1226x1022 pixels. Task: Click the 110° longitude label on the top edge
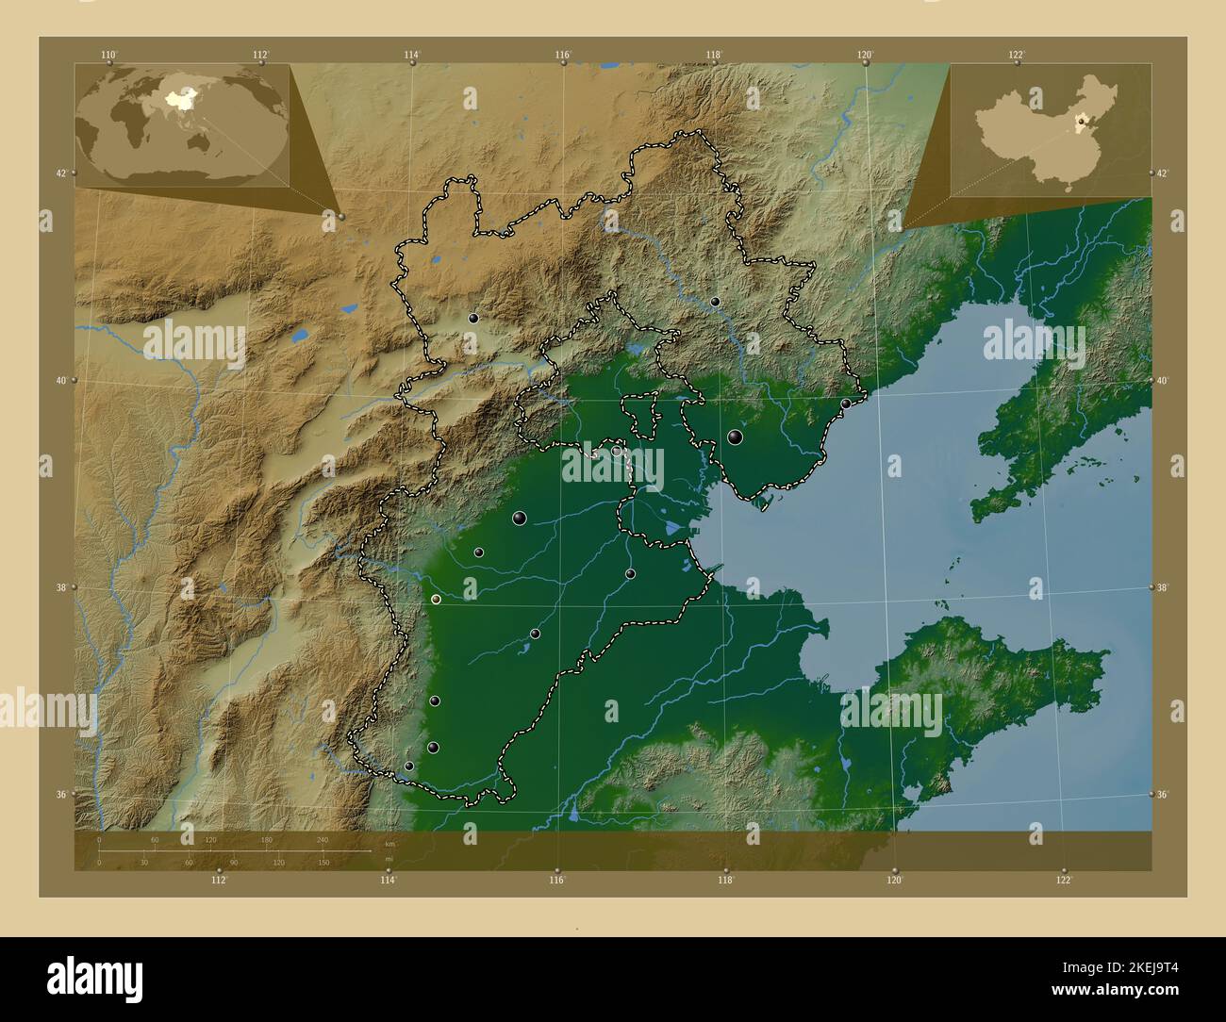[109, 55]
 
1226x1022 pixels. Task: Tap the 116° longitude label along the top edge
[563, 55]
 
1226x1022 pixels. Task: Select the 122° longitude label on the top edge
[1017, 55]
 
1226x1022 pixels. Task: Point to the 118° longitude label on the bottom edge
[725, 881]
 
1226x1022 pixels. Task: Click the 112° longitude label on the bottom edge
[219, 881]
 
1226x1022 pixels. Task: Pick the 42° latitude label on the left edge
[60, 173]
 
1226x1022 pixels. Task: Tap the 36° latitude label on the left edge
[60, 795]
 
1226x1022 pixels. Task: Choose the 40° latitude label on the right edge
[1166, 381]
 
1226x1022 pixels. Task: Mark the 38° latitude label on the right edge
[1166, 587]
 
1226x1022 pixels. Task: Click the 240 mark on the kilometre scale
[323, 839]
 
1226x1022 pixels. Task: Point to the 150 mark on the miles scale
[323, 862]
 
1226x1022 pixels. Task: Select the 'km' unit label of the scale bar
[389, 844]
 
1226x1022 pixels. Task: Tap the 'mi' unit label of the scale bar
[389, 859]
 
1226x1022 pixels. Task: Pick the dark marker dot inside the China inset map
[1081, 121]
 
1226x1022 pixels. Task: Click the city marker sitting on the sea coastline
[845, 404]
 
